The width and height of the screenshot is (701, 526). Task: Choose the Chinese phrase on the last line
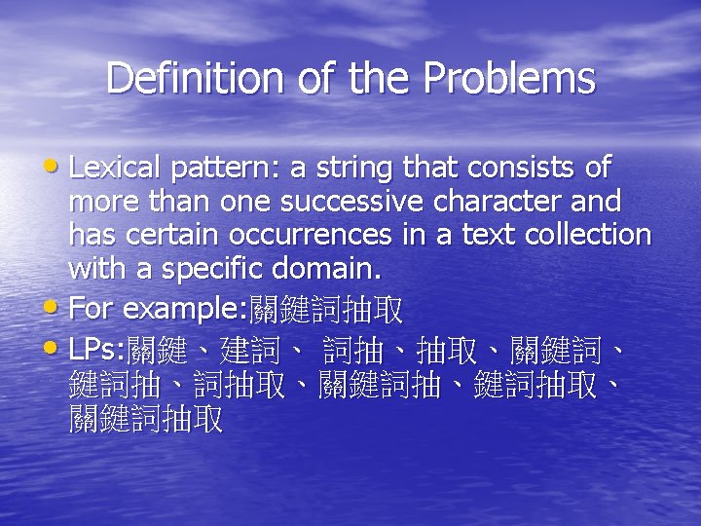pos(146,420)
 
